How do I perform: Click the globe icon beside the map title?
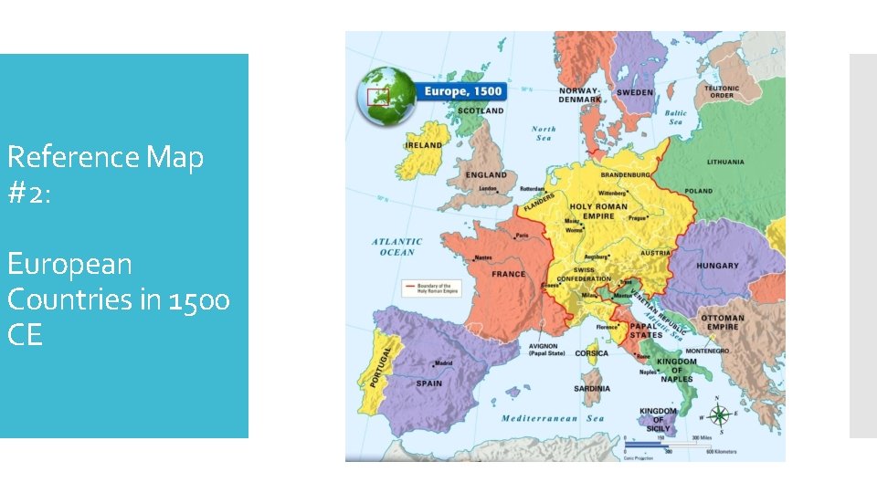[x=385, y=95]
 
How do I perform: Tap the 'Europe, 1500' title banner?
[x=461, y=91]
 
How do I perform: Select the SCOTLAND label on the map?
[x=480, y=110]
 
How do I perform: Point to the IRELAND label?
[x=424, y=145]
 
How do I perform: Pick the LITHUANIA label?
[x=725, y=163]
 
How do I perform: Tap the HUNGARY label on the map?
[x=718, y=266]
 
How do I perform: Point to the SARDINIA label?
[x=592, y=389]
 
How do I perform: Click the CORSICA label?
[x=592, y=353]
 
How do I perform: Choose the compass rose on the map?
[x=719, y=415]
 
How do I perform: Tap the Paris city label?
[x=521, y=236]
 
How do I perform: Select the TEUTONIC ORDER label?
[x=721, y=91]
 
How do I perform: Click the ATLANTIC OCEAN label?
[x=394, y=246]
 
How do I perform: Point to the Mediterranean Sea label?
[x=552, y=418]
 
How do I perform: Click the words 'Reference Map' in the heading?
[x=105, y=157]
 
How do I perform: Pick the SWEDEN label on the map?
[x=635, y=93]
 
